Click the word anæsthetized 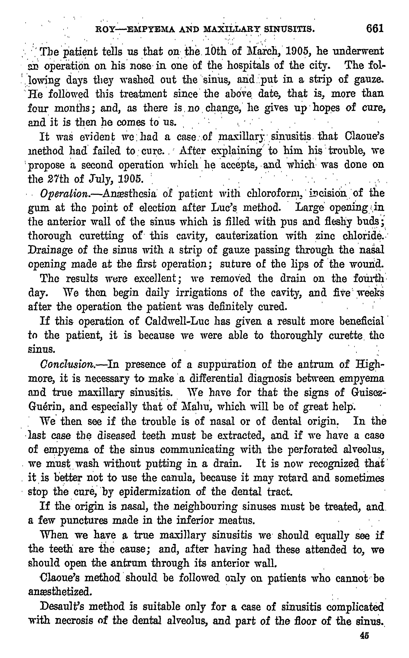coord(60,592)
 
